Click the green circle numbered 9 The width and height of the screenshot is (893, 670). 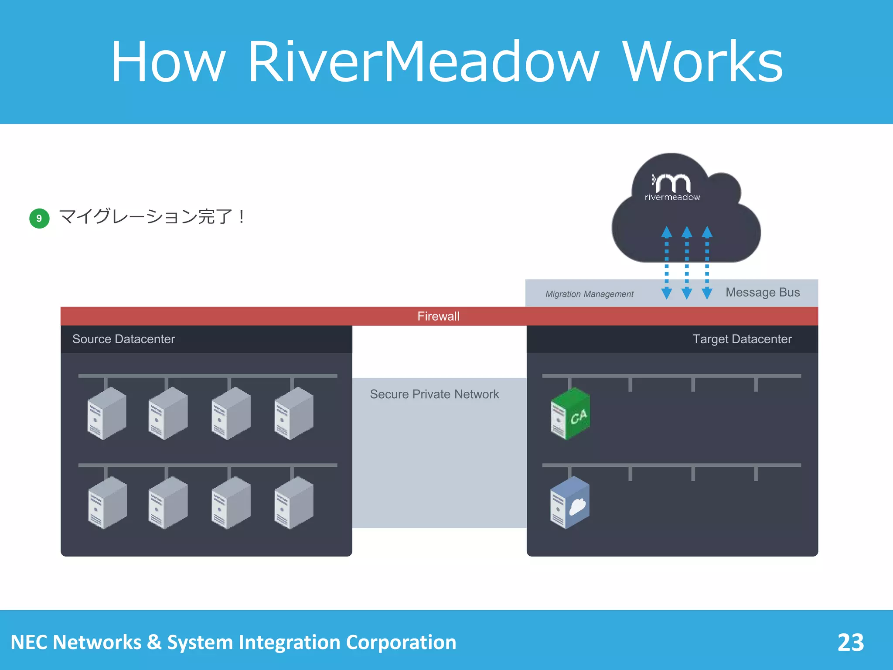point(39,218)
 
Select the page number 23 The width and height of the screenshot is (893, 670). point(850,642)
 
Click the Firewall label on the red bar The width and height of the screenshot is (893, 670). point(438,316)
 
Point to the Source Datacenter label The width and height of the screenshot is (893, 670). point(123,339)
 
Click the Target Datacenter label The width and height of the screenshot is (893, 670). point(742,339)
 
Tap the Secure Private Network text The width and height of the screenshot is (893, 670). point(434,394)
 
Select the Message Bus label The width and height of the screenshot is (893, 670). point(763,292)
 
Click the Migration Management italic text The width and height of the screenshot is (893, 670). point(589,294)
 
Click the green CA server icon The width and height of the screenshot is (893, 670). point(570,414)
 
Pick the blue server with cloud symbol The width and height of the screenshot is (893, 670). point(570,503)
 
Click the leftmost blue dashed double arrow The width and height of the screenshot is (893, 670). point(666,263)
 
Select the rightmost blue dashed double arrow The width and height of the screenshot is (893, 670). point(707,263)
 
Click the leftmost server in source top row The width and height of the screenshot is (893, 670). point(107,414)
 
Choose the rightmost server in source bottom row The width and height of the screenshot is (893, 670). point(294,503)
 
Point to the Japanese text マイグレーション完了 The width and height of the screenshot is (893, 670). point(146,217)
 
